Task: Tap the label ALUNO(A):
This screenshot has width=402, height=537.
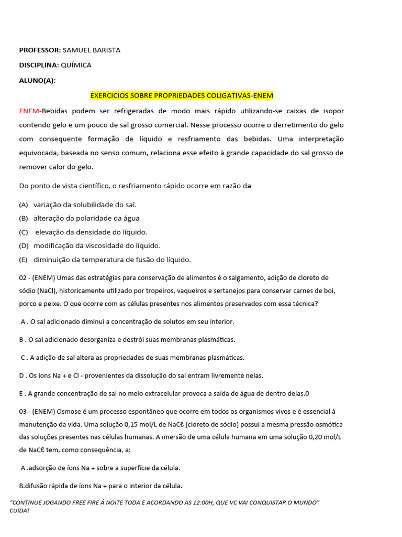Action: point(37,80)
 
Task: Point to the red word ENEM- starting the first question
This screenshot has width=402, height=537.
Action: point(30,111)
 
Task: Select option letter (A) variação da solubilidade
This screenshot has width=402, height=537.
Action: point(24,205)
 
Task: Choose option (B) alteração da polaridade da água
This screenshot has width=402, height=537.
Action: point(24,218)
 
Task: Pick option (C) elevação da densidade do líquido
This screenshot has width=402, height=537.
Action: point(24,232)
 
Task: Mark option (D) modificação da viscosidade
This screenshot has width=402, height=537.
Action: point(24,245)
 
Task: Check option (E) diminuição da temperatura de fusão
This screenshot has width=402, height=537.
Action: point(24,259)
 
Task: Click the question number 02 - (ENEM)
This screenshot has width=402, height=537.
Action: point(37,277)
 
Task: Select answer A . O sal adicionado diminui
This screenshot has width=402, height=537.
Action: point(127,321)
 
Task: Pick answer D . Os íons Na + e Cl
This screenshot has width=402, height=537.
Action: point(141,375)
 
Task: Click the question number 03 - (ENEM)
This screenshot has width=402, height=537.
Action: point(37,412)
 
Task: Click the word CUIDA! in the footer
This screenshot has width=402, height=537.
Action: point(19,510)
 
